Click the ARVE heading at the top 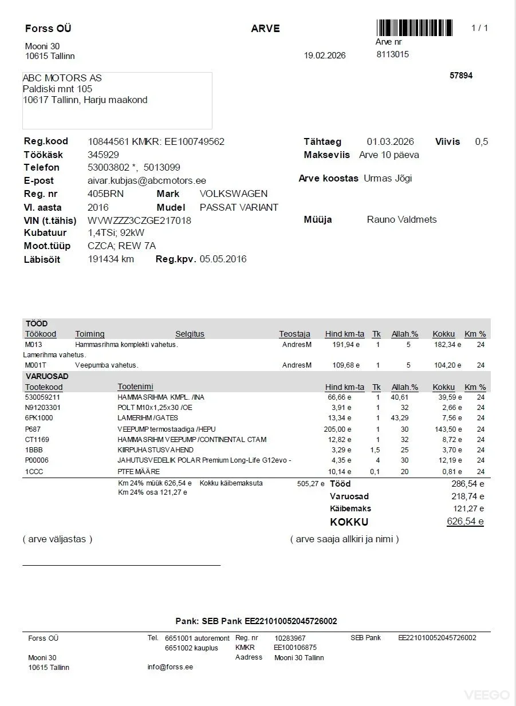pos(265,29)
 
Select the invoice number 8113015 pos(392,54)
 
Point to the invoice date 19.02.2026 pos(325,56)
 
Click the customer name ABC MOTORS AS pos(62,78)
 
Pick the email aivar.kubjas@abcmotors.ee pos(147,180)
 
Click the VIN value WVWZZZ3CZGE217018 pos(139,220)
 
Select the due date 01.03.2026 pos(390,141)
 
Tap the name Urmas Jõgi pos(388,178)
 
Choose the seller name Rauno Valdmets pos(401,219)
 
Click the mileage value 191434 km pos(111,259)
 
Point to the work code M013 pos(33,345)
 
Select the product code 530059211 pos(43,396)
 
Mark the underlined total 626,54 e pos(465,522)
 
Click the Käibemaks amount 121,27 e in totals pos(468,508)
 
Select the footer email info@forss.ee pos(170,667)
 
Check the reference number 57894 pos(461,75)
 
